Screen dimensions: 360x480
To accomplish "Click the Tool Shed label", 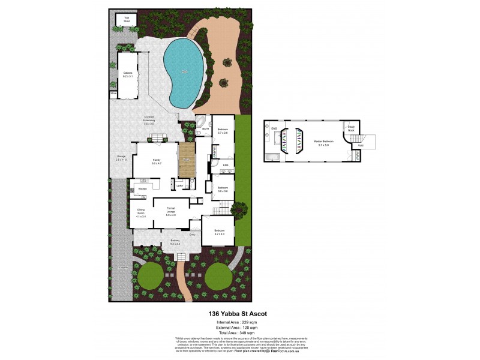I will [127, 19].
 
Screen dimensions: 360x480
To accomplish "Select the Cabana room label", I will [127, 75].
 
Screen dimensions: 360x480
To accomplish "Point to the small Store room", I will [113, 94].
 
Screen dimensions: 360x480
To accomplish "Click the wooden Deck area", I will [187, 160].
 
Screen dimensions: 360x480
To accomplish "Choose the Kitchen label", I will [142, 189].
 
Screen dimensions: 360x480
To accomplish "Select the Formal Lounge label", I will [171, 213].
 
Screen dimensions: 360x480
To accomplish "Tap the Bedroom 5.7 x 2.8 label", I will [222, 131].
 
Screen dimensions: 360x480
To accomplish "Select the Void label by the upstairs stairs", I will [361, 145].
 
